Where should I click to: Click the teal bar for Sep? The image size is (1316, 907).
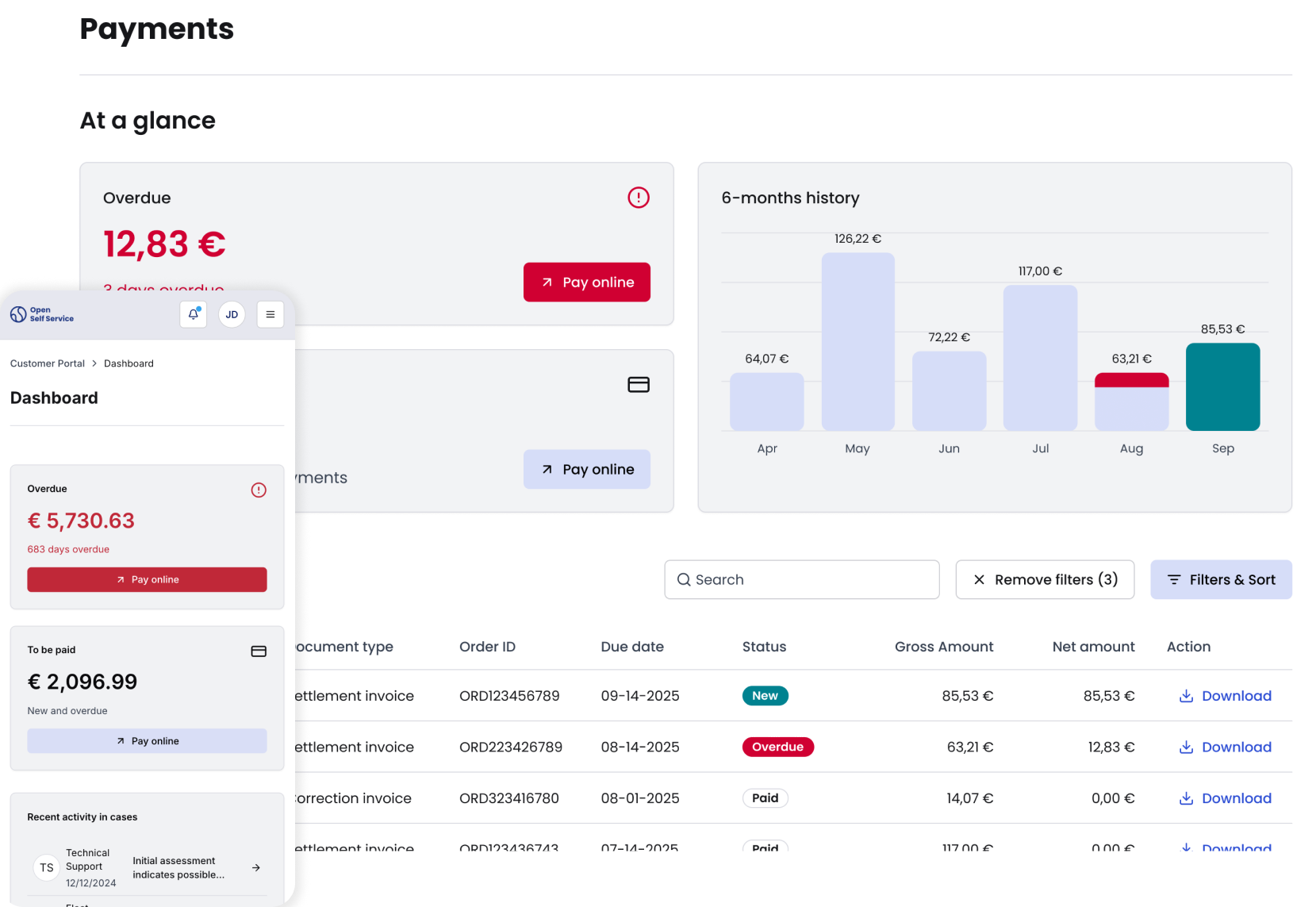tap(1222, 386)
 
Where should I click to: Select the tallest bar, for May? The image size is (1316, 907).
tap(858, 341)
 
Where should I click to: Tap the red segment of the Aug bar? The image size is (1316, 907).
tap(1131, 380)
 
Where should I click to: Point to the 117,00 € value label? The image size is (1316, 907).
tap(1040, 271)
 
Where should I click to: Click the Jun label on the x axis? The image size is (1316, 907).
tap(949, 448)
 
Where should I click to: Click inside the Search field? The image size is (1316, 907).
tap(801, 580)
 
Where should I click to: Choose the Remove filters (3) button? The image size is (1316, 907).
tap(1045, 580)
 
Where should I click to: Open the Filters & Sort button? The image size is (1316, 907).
tap(1221, 580)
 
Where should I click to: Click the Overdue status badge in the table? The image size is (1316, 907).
tap(777, 747)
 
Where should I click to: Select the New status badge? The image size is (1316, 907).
tap(765, 696)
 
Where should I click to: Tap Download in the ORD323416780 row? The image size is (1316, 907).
tap(1226, 798)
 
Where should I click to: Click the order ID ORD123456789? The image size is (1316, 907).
tap(509, 696)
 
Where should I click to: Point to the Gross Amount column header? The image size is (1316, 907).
tap(943, 647)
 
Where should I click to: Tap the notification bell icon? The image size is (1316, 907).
tap(194, 314)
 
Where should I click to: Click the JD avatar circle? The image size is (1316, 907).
tap(232, 314)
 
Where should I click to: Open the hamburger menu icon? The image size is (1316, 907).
tap(270, 314)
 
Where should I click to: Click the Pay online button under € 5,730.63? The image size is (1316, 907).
tap(147, 579)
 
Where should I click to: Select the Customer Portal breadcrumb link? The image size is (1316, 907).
tap(48, 363)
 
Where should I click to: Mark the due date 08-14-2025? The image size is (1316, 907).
tap(640, 747)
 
